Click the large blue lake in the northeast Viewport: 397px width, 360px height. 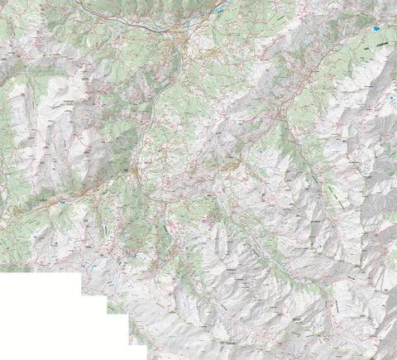(x=379, y=39)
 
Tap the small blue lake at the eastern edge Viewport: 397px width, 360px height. (x=390, y=98)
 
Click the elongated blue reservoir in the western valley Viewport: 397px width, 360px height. (x=62, y=201)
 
